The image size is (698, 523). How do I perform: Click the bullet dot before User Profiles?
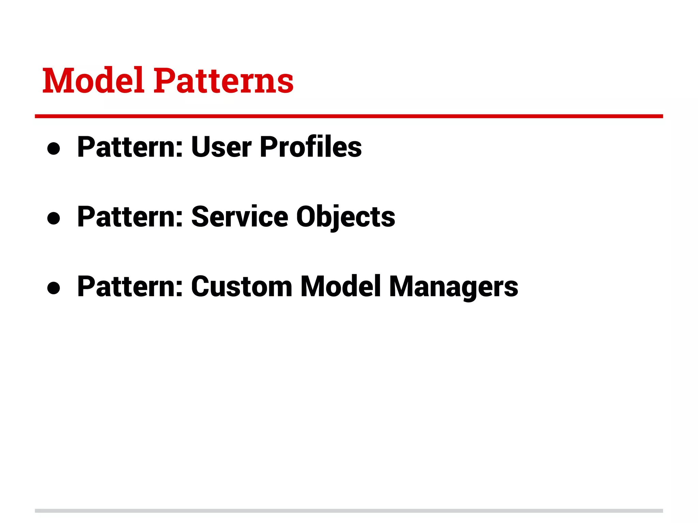(x=54, y=148)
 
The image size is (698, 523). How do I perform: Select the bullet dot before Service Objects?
(x=54, y=218)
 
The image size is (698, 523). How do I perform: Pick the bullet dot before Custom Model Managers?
(x=54, y=288)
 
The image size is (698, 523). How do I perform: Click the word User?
(x=222, y=147)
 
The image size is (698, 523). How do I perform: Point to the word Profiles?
(x=310, y=147)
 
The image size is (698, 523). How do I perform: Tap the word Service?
(x=240, y=217)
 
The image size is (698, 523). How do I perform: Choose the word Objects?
(x=346, y=217)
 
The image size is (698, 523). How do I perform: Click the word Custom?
(x=242, y=287)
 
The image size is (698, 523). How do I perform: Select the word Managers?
(x=453, y=287)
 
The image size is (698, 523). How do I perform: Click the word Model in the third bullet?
(x=340, y=287)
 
